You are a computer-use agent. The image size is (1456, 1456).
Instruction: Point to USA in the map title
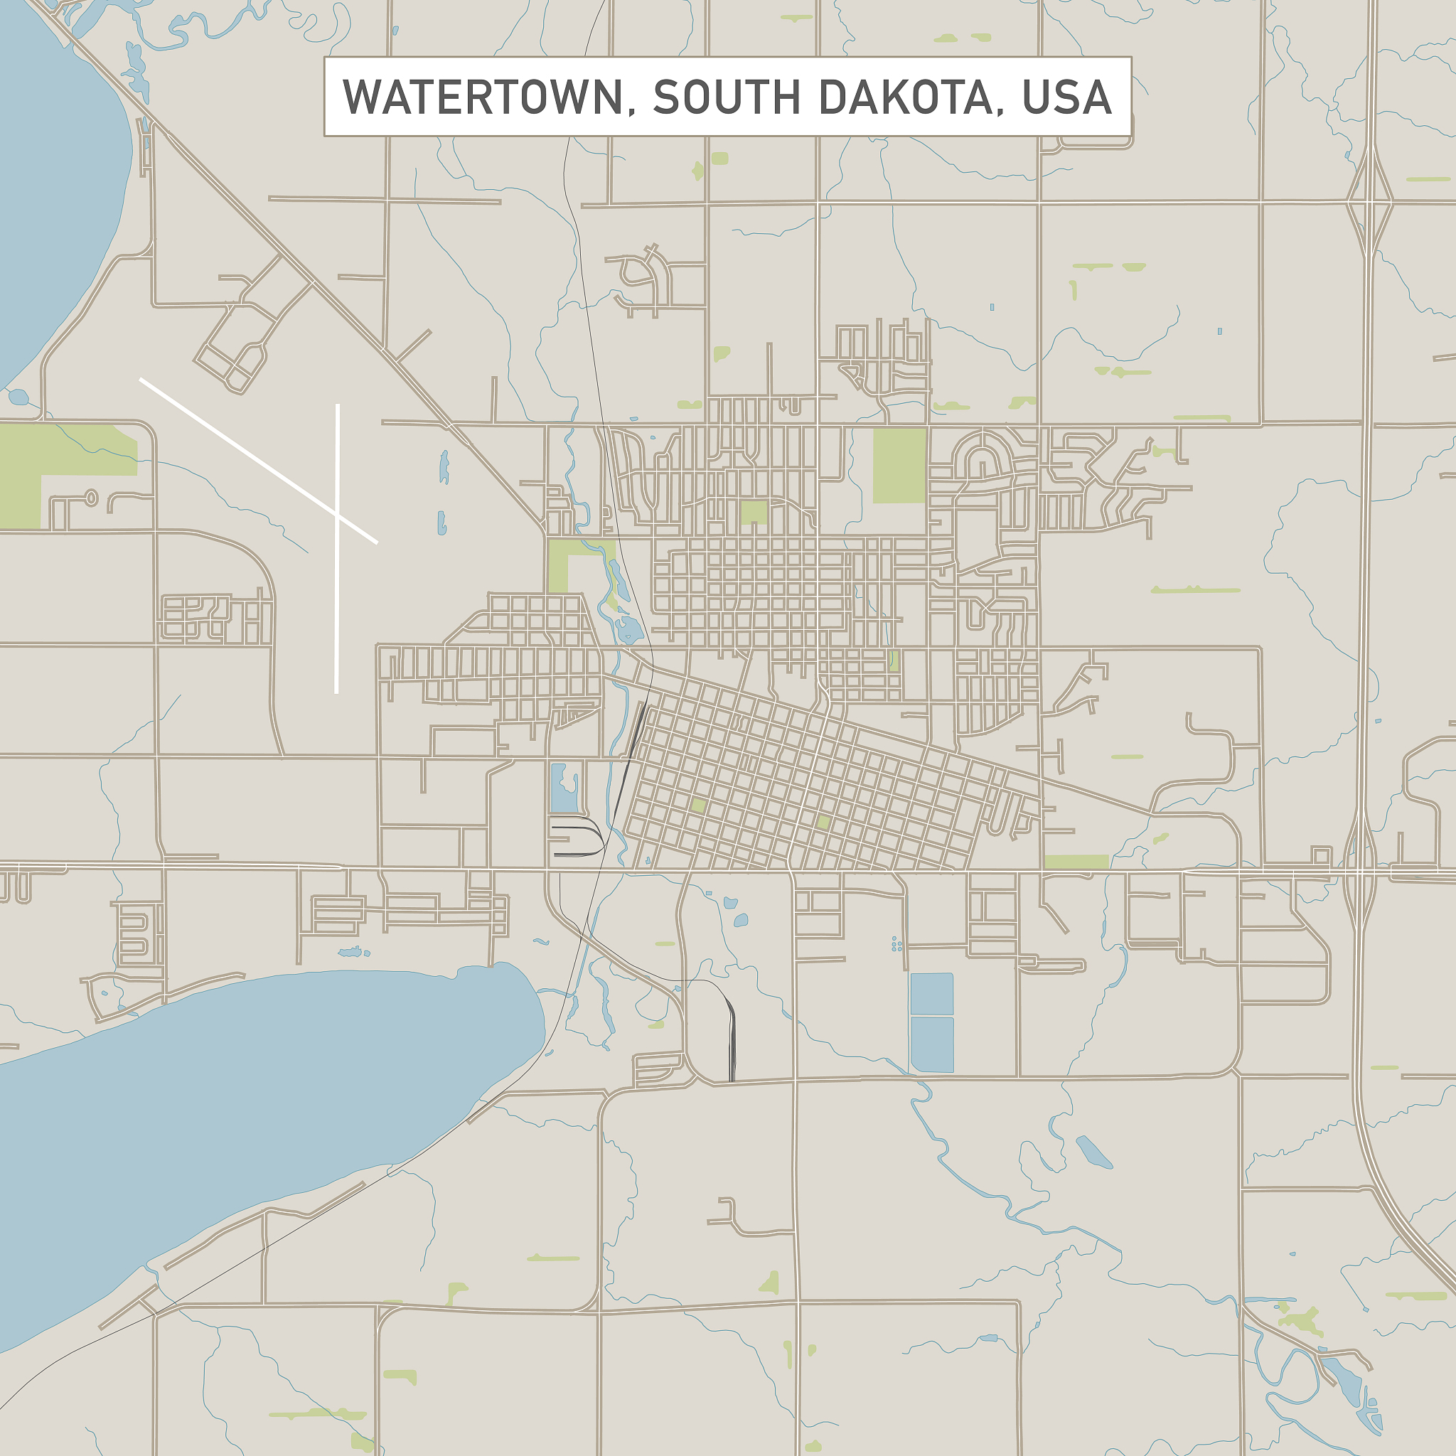[x=1066, y=97]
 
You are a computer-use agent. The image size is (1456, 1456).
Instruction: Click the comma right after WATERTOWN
[x=631, y=110]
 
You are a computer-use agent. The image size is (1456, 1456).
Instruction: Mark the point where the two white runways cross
[x=337, y=515]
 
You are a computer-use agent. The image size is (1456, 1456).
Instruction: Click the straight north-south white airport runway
[x=337, y=603]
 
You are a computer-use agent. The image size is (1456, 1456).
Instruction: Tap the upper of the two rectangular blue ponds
[x=931, y=993]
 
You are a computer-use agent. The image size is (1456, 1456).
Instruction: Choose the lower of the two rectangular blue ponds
[x=932, y=1044]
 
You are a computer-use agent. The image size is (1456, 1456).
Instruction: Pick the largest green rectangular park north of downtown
[x=899, y=465]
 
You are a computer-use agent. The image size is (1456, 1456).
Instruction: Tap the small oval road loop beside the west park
[x=91, y=498]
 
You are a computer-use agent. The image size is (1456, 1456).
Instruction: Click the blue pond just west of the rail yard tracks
[x=563, y=788]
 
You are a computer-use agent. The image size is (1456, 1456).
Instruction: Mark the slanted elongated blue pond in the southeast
[x=1094, y=1152]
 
